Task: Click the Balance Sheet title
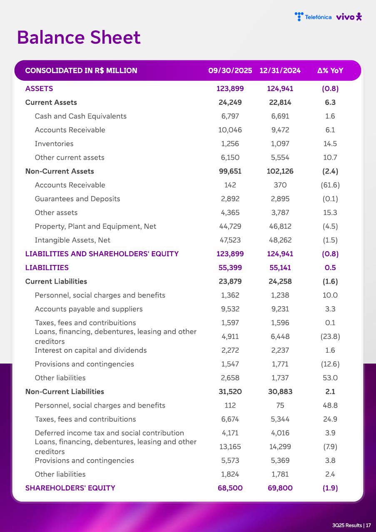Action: (79, 37)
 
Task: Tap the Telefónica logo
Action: (313, 17)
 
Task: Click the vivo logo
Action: (349, 17)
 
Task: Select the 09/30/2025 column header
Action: (230, 71)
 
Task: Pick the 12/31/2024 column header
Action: (280, 71)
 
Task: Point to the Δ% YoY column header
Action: (330, 71)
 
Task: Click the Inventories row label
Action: (54, 144)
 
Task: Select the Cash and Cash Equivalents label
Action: (81, 116)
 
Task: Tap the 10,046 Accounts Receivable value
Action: (230, 130)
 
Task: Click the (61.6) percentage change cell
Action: (330, 185)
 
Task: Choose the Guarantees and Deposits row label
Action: (77, 199)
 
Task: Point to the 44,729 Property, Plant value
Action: (230, 226)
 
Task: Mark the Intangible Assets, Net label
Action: (72, 240)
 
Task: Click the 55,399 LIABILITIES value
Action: (230, 267)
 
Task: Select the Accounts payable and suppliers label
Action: (89, 309)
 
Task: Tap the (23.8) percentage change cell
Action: (330, 337)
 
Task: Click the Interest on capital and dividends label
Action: (91, 350)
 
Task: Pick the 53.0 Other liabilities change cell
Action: (330, 378)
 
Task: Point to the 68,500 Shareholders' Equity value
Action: (230, 488)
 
